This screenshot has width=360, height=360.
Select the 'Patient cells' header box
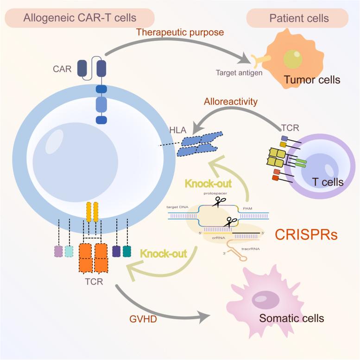tap(297, 18)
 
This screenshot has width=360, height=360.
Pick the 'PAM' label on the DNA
tap(248, 209)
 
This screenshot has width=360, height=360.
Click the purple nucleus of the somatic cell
tap(265, 300)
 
